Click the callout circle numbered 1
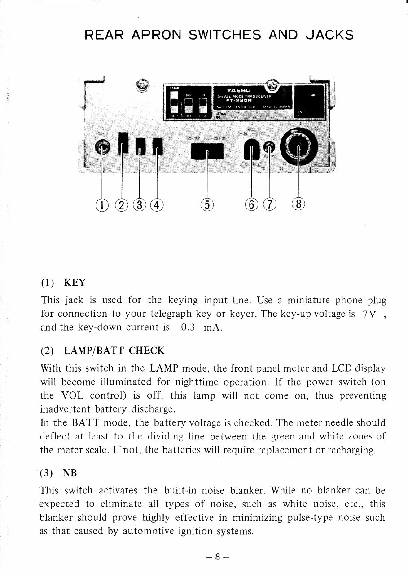click(103, 205)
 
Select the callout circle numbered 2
click(121, 205)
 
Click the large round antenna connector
click(298, 148)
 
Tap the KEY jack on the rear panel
click(103, 148)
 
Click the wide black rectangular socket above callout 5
click(207, 151)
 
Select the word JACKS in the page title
click(329, 35)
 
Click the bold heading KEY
click(75, 283)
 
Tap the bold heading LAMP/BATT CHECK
click(114, 351)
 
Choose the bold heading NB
click(70, 473)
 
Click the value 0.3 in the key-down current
click(188, 327)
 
